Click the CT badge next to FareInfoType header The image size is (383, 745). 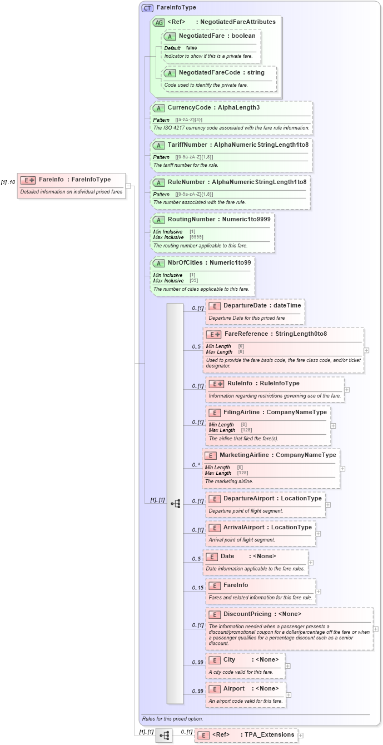click(x=148, y=8)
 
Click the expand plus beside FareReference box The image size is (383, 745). click(x=367, y=351)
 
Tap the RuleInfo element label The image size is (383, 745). click(x=240, y=383)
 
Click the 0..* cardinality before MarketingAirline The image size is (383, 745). click(x=196, y=465)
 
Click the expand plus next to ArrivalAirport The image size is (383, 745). click(x=318, y=534)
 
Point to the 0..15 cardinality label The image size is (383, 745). click(x=197, y=588)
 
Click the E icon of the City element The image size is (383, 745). click(x=214, y=659)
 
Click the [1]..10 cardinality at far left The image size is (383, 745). click(x=8, y=182)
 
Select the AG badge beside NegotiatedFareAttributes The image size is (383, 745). click(x=158, y=22)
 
